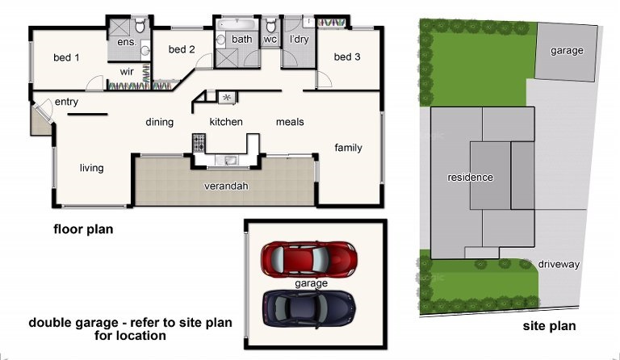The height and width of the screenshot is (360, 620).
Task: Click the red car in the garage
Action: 309,260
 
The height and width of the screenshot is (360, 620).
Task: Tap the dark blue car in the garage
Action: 309,308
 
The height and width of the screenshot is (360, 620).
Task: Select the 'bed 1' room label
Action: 66,57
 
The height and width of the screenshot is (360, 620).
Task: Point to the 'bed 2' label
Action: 182,49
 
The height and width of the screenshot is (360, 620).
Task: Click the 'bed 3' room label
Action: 347,57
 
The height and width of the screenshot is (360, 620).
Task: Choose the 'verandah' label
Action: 226,186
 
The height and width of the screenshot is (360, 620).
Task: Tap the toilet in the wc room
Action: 271,26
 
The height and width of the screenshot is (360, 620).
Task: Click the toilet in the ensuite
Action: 140,26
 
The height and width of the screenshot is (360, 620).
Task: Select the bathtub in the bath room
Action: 237,23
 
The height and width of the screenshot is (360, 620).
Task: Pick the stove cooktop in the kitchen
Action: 199,143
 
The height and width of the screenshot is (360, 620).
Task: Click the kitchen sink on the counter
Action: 226,160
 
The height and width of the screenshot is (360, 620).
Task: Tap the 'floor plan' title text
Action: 83,229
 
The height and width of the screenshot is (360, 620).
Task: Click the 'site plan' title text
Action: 549,326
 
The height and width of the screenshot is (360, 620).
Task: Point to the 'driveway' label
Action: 559,265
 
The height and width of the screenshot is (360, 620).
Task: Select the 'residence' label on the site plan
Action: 470,178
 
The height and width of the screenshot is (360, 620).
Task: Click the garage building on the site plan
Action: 566,52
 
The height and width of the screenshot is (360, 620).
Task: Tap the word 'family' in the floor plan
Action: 348,148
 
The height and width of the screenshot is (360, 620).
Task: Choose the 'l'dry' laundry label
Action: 299,39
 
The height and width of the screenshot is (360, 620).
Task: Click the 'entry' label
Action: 66,102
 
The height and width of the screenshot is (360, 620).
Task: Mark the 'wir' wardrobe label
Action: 127,72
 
